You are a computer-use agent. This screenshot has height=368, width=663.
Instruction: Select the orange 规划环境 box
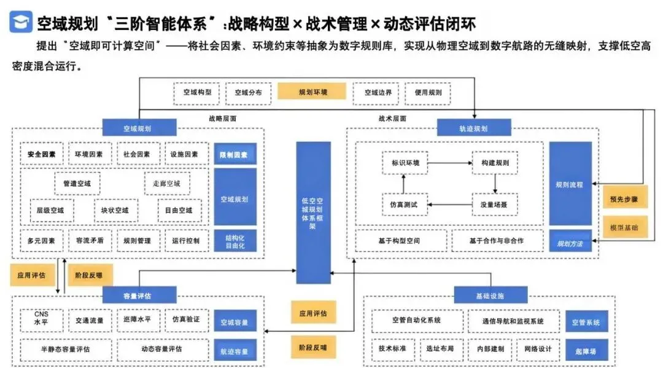tap(312, 92)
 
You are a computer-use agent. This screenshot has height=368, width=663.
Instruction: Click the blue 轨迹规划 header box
tap(473, 128)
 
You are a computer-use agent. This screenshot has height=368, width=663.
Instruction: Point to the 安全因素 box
tap(41, 154)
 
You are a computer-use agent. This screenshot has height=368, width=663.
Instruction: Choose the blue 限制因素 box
tap(235, 154)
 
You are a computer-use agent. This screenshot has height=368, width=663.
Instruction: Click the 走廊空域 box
tap(166, 183)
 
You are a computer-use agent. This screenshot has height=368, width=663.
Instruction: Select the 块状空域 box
tap(115, 210)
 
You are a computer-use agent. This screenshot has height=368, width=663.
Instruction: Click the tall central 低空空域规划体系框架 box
tap(313, 212)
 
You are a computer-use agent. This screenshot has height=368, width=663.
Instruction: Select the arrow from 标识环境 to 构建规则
tap(449, 163)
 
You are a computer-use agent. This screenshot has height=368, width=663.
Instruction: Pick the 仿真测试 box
tap(403, 205)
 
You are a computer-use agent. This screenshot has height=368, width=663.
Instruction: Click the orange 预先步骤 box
tap(624, 198)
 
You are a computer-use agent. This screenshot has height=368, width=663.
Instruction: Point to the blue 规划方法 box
tap(570, 243)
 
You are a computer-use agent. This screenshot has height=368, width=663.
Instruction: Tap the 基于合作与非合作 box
tap(497, 240)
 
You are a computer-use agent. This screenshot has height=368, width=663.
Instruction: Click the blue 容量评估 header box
tap(139, 295)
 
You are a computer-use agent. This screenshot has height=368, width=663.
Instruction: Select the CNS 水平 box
tap(41, 319)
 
